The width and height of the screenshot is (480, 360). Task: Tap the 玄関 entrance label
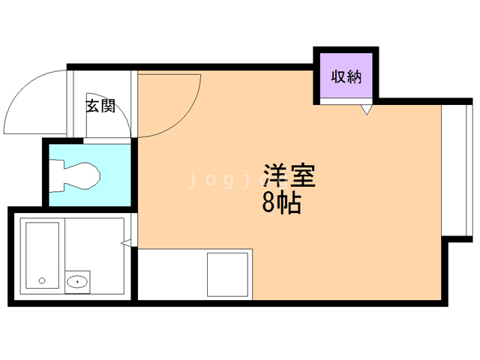[100, 106]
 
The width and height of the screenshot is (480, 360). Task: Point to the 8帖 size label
[282, 202]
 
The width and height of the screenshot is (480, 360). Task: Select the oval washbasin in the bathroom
[76, 282]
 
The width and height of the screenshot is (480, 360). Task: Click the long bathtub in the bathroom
[43, 256]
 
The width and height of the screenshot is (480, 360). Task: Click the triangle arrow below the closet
[366, 110]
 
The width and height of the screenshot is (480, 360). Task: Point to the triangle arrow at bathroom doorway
[127, 242]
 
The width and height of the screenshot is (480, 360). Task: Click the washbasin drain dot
[76, 282]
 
